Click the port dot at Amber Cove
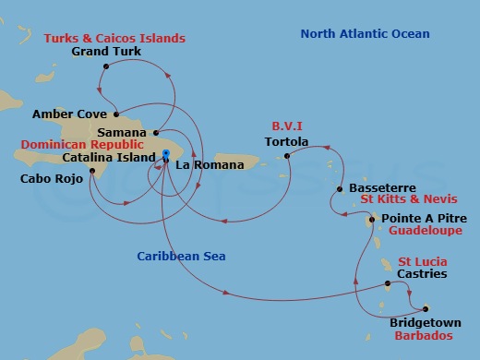click(x=116, y=115)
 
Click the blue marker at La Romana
click(x=165, y=154)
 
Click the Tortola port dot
click(x=287, y=156)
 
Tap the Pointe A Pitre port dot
click(x=372, y=220)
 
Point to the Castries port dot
click(x=388, y=285)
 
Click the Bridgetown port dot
click(x=426, y=309)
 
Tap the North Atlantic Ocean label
click(x=366, y=34)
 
